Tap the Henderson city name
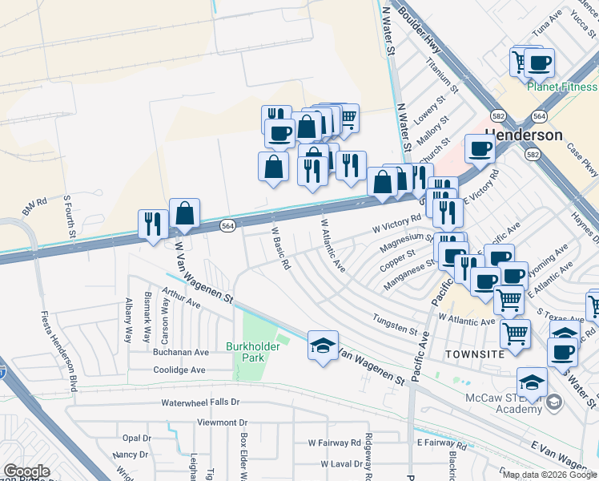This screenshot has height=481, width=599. click(523, 134)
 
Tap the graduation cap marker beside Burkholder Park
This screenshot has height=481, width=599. click(323, 347)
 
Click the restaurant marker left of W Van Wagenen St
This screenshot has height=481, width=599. click(152, 224)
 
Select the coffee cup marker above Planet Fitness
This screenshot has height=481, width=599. click(539, 63)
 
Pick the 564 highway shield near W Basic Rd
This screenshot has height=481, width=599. click(228, 226)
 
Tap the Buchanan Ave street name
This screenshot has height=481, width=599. click(181, 352)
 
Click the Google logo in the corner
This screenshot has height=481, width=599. click(26, 471)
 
